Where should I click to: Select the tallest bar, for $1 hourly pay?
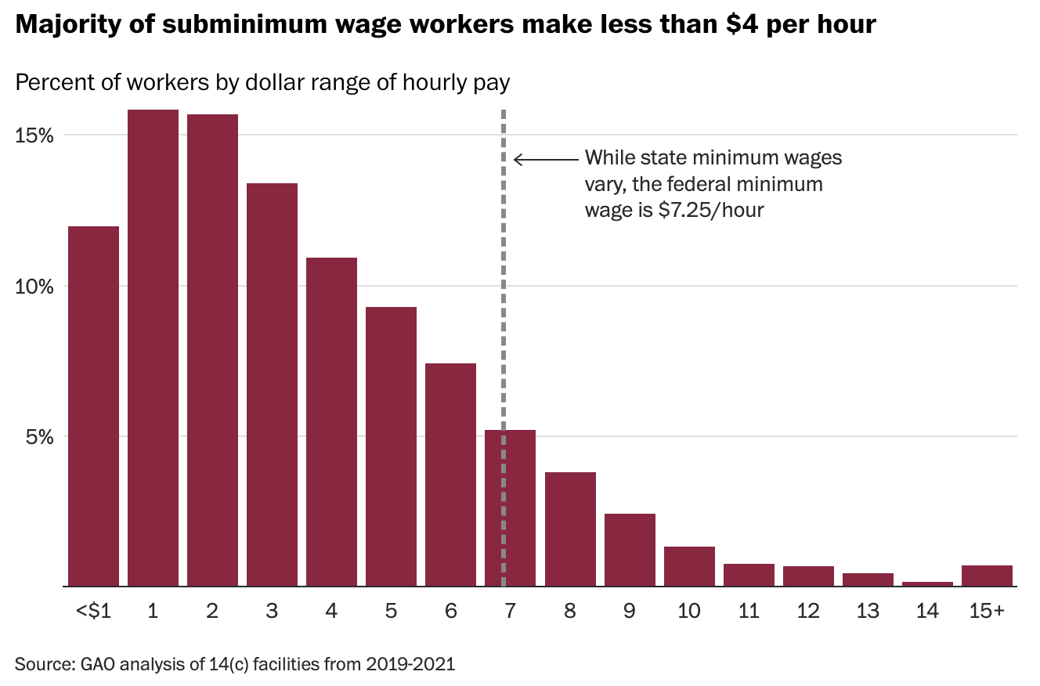[x=153, y=348]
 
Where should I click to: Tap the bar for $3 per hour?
[x=272, y=384]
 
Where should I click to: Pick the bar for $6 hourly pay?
[x=450, y=475]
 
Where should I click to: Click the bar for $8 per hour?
[x=570, y=529]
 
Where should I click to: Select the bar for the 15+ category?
[x=987, y=576]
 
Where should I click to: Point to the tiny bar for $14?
[x=927, y=583]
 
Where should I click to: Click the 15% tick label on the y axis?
[x=34, y=135]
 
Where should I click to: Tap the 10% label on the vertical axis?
[x=34, y=286]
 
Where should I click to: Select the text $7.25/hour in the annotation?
[x=712, y=210]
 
